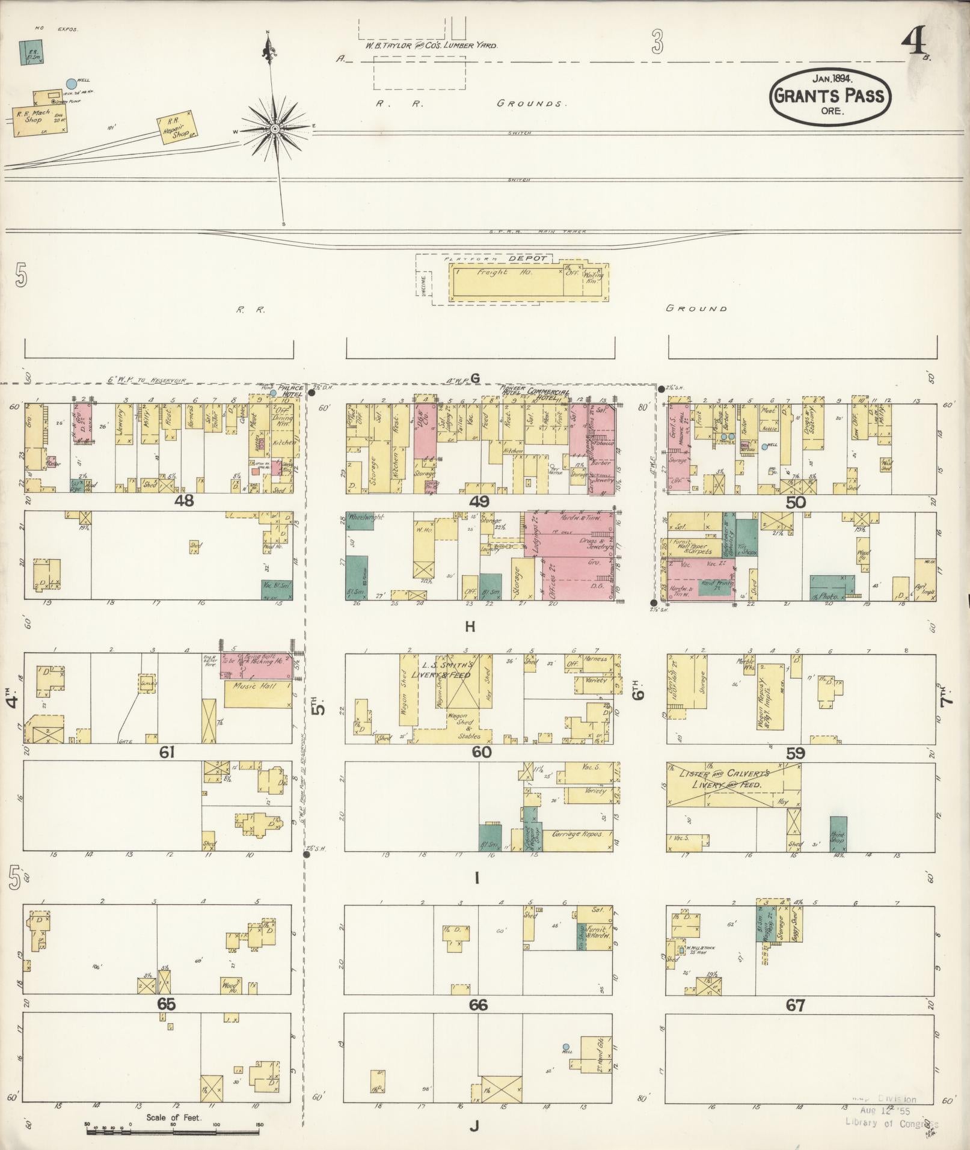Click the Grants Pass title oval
(x=829, y=96)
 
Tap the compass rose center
(x=274, y=129)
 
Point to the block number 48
(x=183, y=501)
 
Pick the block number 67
(x=795, y=1005)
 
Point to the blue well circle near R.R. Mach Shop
(x=72, y=84)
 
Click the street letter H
(x=470, y=628)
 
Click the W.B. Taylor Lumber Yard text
(x=431, y=45)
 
